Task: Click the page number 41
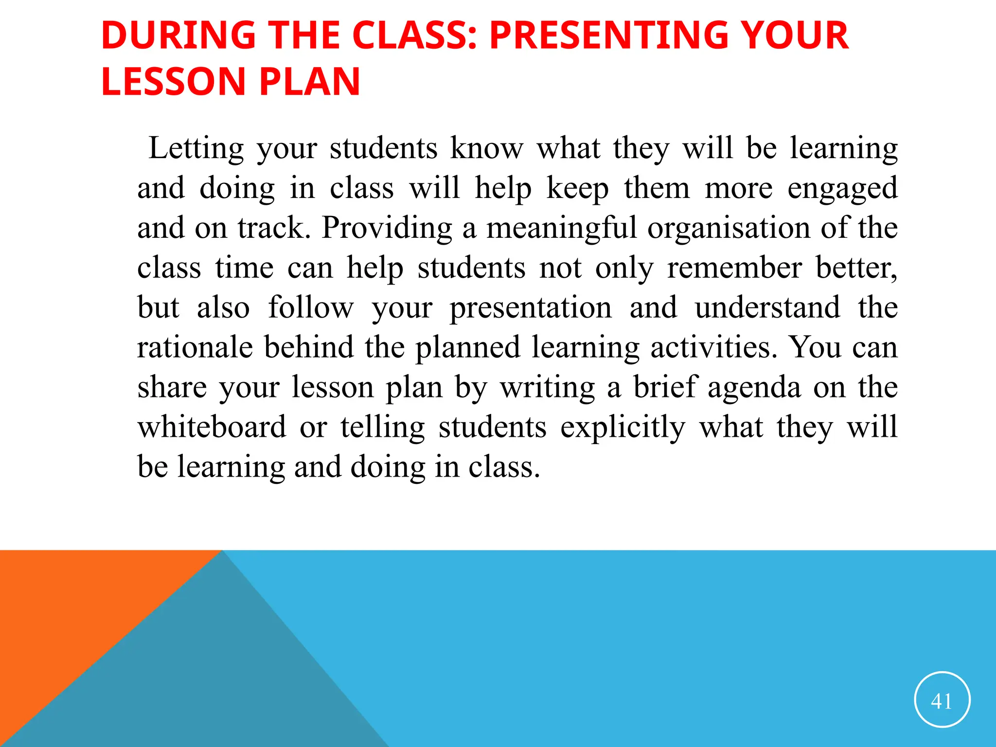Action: [x=942, y=701]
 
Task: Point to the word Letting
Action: [x=196, y=148]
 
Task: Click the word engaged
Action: [x=842, y=189]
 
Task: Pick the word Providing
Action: [x=387, y=228]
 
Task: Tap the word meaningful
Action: [x=561, y=228]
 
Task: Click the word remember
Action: [x=734, y=268]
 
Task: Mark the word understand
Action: [x=767, y=308]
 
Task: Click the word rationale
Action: [x=195, y=348]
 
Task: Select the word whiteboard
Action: [x=212, y=427]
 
